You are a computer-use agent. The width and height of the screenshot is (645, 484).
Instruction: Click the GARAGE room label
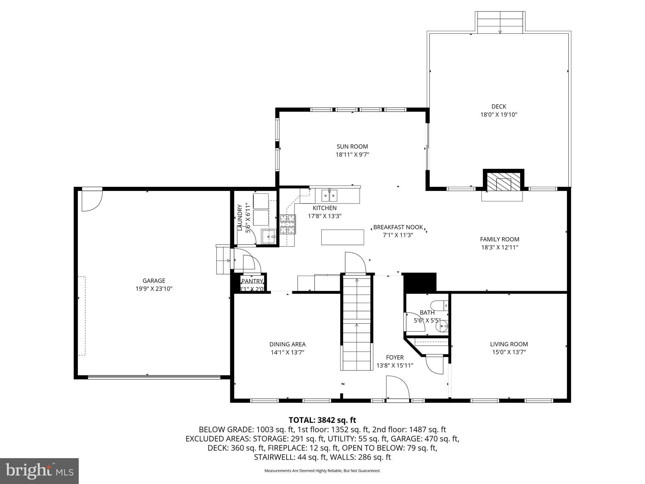(154, 281)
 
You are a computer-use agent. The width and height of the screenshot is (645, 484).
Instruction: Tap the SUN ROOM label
(352, 147)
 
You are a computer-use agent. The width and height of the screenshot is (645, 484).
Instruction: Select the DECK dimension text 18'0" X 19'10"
(499, 115)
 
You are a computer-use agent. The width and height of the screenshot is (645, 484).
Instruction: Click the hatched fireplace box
(503, 181)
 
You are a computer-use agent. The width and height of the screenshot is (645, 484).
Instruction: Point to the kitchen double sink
(329, 195)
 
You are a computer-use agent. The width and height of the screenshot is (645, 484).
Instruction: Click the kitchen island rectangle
(342, 237)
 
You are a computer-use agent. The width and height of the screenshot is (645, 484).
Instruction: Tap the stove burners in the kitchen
(288, 224)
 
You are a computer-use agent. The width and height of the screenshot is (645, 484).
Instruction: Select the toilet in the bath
(439, 305)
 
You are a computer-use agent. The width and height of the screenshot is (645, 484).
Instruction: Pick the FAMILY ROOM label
(499, 239)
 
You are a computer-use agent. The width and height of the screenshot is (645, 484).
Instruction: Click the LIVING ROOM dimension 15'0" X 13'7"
(509, 352)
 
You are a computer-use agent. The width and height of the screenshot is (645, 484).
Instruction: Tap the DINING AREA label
(287, 344)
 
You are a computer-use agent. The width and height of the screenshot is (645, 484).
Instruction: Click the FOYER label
(395, 357)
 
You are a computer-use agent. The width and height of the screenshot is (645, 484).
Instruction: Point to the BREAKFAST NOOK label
(398, 227)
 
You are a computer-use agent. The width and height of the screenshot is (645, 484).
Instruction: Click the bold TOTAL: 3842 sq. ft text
(322, 420)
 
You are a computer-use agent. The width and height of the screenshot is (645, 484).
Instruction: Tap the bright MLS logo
(39, 471)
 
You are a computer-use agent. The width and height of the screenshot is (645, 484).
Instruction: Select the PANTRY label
(252, 281)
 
